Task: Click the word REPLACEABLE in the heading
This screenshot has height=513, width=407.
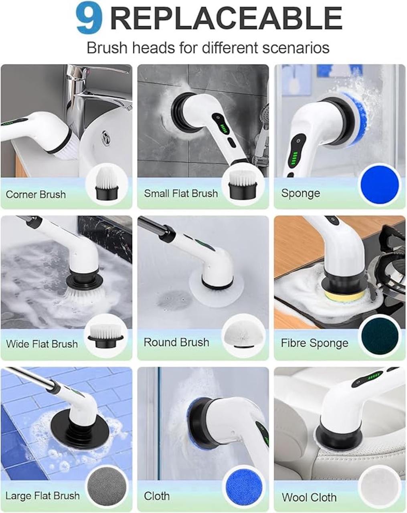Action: (x=225, y=18)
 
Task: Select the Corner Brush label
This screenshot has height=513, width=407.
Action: (x=36, y=194)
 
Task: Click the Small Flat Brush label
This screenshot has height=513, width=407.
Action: (x=181, y=193)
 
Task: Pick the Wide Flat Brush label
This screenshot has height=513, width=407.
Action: (x=42, y=344)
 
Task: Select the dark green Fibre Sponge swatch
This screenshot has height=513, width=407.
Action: (x=380, y=336)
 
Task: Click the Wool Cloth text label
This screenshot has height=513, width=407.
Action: (x=309, y=497)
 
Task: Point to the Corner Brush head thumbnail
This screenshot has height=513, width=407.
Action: (x=106, y=184)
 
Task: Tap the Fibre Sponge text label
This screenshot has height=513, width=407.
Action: (x=314, y=343)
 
